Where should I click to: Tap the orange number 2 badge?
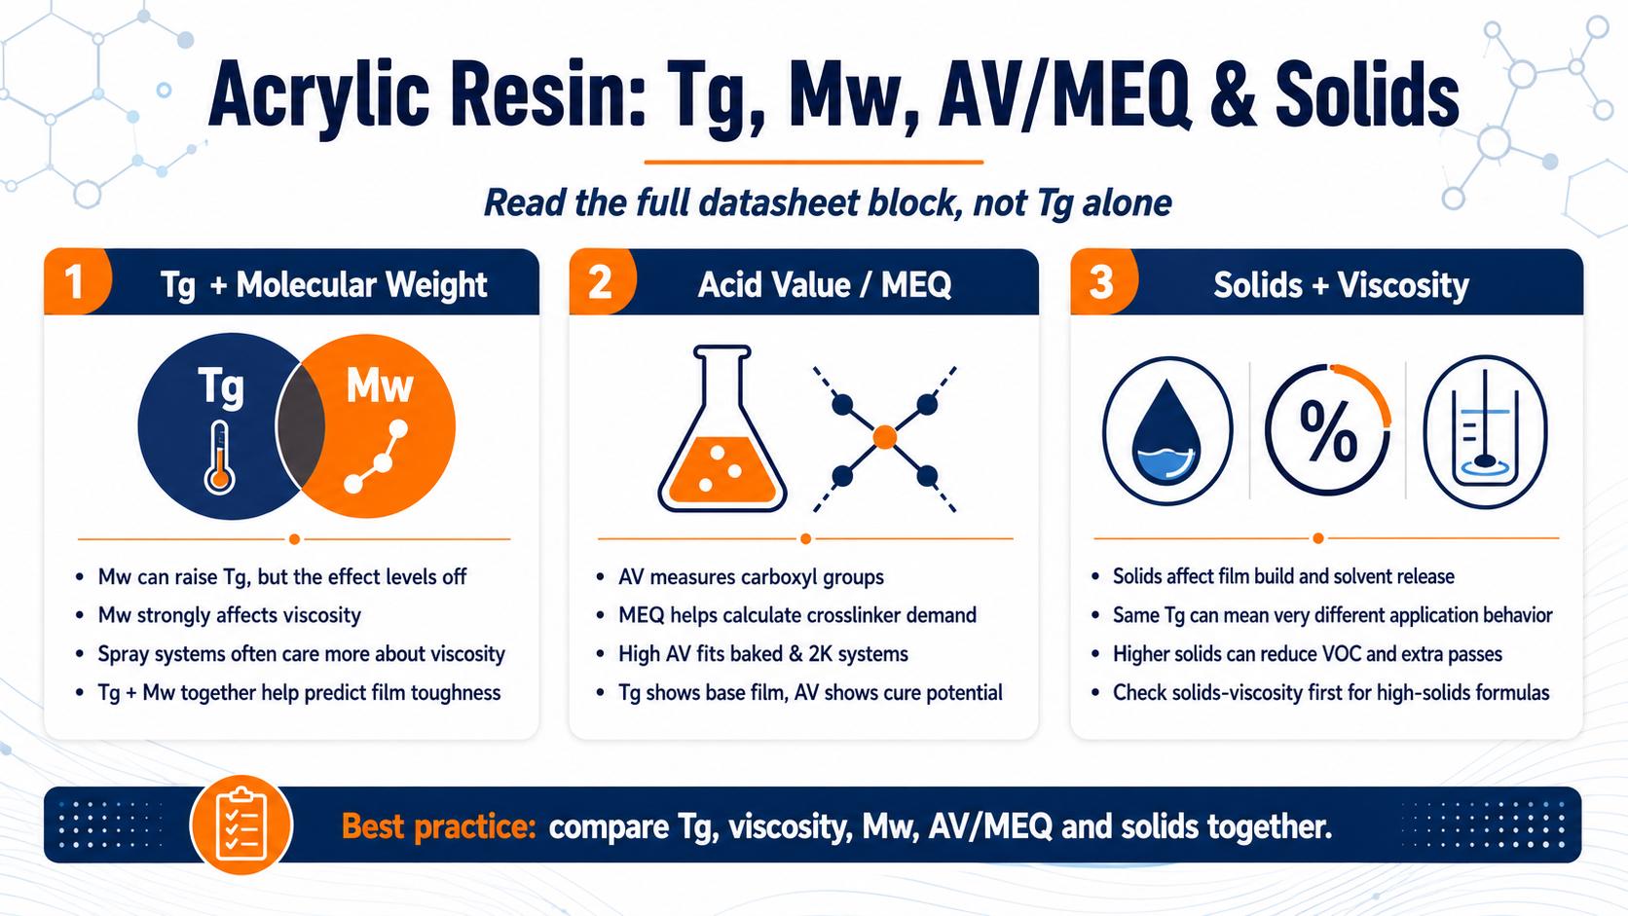(x=602, y=282)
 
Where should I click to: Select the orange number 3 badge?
(x=1103, y=282)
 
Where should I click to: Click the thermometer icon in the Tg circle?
(x=219, y=458)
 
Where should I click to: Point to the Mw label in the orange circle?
(x=380, y=385)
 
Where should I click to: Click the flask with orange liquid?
(x=721, y=428)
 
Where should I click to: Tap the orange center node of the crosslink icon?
(x=884, y=437)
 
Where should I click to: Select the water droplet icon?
(x=1166, y=431)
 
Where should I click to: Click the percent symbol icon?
(x=1328, y=431)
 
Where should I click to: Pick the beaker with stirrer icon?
(x=1485, y=431)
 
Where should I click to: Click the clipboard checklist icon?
(x=241, y=825)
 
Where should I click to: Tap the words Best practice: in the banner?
(x=438, y=826)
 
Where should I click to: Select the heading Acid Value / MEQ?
(x=824, y=284)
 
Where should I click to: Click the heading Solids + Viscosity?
(x=1341, y=284)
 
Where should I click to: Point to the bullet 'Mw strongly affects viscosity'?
(x=229, y=615)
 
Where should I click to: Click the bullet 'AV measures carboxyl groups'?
(x=751, y=577)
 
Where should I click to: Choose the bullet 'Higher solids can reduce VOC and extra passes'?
(x=1308, y=654)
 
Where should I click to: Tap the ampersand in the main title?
(x=1232, y=96)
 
